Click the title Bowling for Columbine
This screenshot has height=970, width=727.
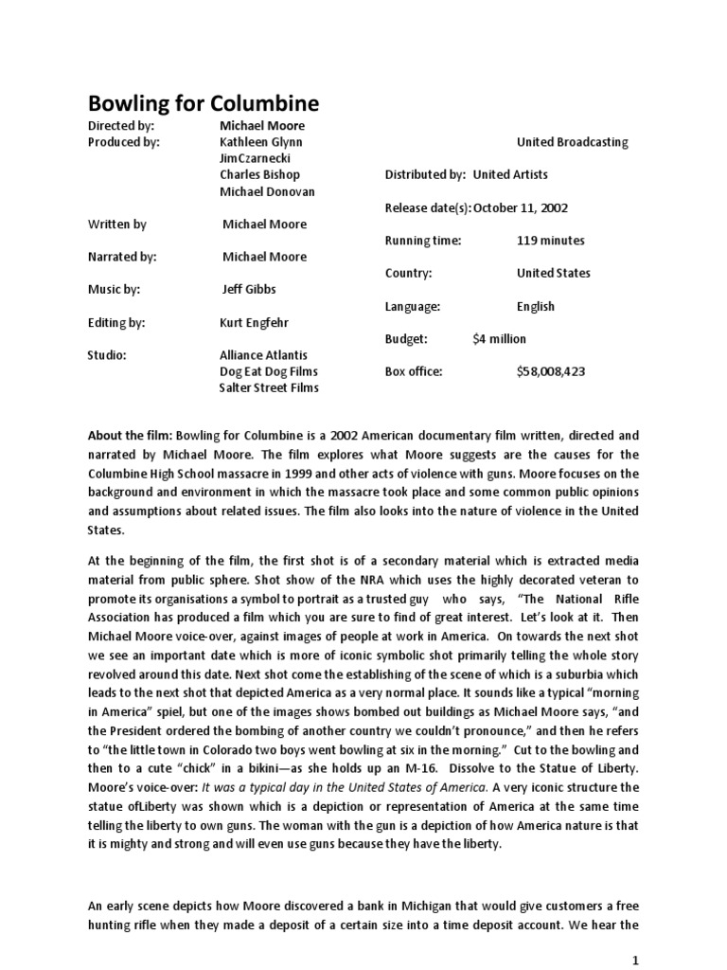point(204,102)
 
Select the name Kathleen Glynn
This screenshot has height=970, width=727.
point(261,142)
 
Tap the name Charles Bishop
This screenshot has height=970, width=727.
point(259,174)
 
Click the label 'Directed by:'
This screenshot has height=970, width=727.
point(120,125)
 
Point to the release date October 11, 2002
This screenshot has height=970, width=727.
point(521,207)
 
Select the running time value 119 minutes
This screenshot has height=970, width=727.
point(550,241)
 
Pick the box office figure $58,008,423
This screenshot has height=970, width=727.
point(551,371)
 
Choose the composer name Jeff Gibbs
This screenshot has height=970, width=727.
point(249,289)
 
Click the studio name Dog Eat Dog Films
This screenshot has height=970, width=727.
point(269,371)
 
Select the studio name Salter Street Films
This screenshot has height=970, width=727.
point(269,387)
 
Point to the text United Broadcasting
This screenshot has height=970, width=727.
point(572,142)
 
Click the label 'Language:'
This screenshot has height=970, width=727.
point(413,306)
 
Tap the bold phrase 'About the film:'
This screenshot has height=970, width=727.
point(130,436)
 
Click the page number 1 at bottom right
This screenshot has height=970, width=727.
point(636,958)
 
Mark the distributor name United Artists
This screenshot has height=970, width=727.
point(510,174)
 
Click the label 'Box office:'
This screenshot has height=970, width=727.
point(414,371)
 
